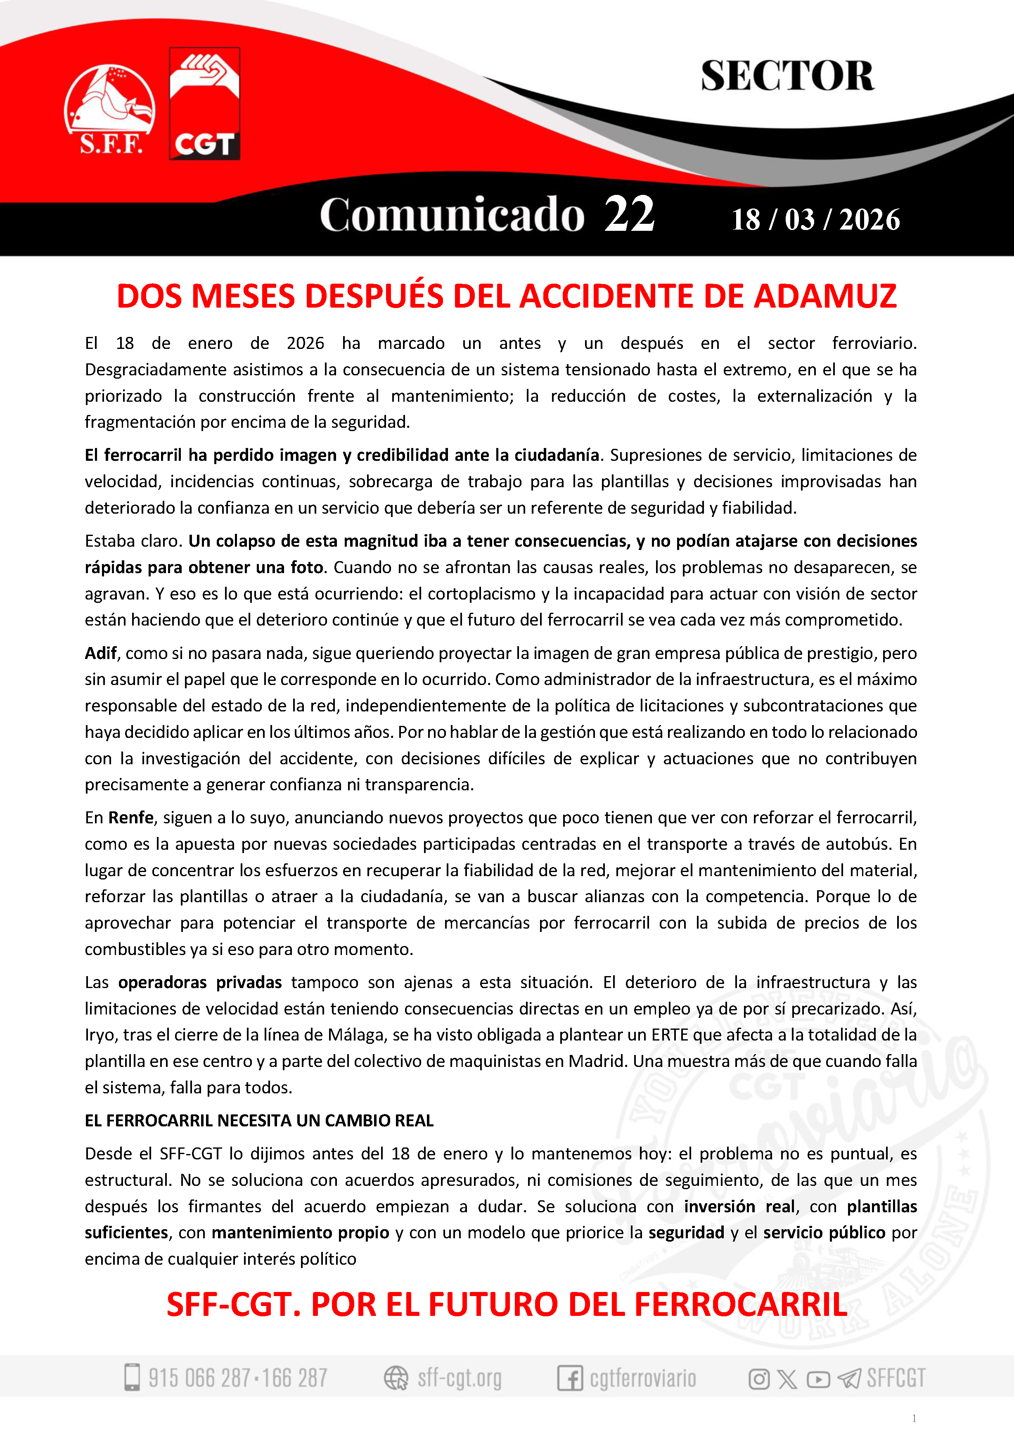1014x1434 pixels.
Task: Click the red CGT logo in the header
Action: click(x=205, y=104)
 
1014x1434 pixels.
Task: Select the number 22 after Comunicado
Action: click(x=629, y=214)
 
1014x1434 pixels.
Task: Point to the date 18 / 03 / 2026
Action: click(x=815, y=220)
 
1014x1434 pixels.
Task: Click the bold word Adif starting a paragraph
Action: click(x=100, y=653)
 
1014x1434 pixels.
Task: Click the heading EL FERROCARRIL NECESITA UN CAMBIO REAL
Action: click(x=259, y=1121)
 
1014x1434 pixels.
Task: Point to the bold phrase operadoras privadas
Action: click(x=200, y=982)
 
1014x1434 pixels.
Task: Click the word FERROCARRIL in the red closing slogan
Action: click(x=741, y=1305)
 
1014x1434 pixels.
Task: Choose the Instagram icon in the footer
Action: click(x=758, y=1378)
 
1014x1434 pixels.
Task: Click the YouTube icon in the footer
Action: click(x=818, y=1378)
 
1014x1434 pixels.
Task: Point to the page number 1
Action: click(x=914, y=1418)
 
